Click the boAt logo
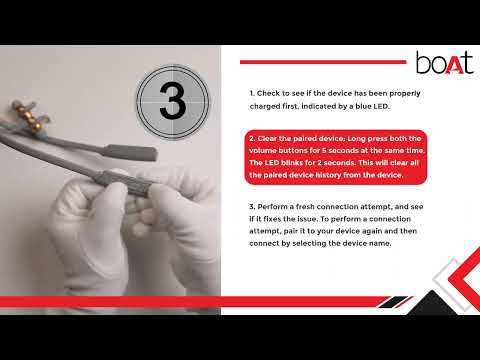[x=445, y=62]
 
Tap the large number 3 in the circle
[x=172, y=101]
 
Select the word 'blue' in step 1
[x=355, y=106]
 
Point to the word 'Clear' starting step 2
[x=267, y=138]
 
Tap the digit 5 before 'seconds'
[x=324, y=151]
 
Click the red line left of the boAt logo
[x=323, y=62]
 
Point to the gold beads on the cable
[x=30, y=117]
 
